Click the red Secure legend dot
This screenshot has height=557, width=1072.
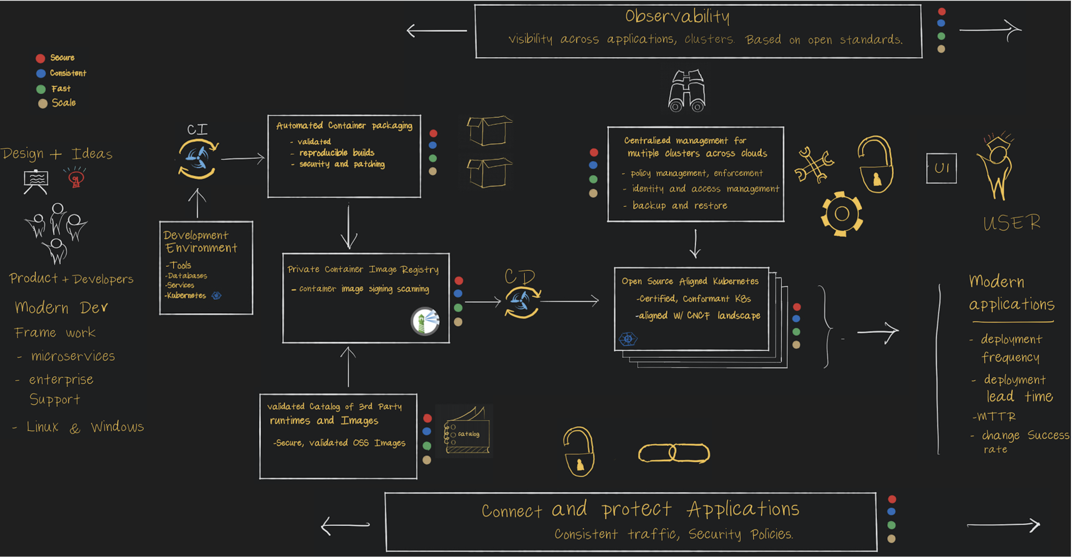pyautogui.click(x=40, y=58)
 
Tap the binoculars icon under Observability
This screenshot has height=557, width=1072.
pyautogui.click(x=686, y=91)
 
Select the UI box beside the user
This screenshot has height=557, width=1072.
pyautogui.click(x=941, y=168)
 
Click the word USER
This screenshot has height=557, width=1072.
pyautogui.click(x=1012, y=223)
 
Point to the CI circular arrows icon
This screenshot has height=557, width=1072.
pyautogui.click(x=198, y=158)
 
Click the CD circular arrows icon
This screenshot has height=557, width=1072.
pyautogui.click(x=522, y=302)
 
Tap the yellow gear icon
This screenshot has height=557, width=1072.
pyautogui.click(x=842, y=214)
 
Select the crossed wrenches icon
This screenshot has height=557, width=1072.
pyautogui.click(x=813, y=165)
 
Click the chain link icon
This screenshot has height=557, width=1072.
pyautogui.click(x=674, y=453)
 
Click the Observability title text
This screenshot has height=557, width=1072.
pyautogui.click(x=677, y=17)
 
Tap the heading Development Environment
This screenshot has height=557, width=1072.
pyautogui.click(x=200, y=241)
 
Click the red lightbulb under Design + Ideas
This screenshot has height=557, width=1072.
pyautogui.click(x=76, y=178)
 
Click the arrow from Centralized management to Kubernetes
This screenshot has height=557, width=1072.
pyautogui.click(x=695, y=244)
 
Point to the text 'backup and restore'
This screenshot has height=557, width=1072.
pyautogui.click(x=680, y=205)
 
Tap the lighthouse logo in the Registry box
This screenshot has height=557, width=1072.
pyautogui.click(x=425, y=321)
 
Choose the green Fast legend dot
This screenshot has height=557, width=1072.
pyautogui.click(x=41, y=89)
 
